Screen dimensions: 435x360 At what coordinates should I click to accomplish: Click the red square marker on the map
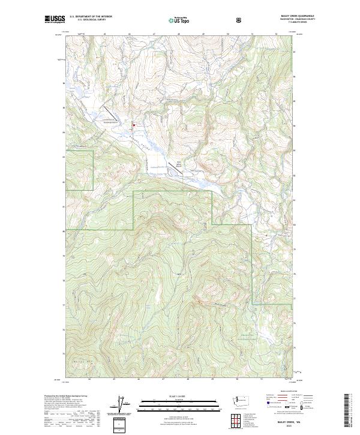133,125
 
